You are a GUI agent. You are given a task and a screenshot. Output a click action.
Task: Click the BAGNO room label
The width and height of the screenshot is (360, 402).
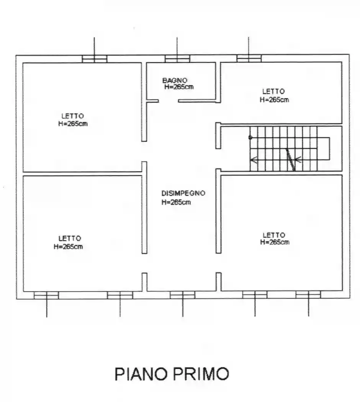(175, 80)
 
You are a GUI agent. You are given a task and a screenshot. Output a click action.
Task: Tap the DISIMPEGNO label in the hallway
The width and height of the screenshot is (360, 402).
(183, 193)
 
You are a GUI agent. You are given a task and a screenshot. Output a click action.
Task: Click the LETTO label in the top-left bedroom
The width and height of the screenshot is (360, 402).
(72, 116)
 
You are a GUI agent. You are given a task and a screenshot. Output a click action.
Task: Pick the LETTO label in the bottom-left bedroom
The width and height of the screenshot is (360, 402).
(70, 238)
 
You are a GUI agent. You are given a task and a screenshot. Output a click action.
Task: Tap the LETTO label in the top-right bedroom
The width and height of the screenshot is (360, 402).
(273, 92)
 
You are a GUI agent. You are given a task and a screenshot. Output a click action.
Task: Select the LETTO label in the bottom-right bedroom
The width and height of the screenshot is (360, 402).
(274, 235)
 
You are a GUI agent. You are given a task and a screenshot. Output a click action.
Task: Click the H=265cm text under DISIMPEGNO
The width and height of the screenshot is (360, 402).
(176, 202)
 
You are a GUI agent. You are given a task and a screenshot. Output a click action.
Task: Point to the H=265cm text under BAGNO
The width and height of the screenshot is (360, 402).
(179, 87)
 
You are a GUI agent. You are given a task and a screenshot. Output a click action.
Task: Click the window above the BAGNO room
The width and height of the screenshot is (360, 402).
(177, 59)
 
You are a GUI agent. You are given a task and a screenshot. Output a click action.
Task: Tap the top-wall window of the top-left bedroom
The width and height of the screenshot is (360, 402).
(95, 59)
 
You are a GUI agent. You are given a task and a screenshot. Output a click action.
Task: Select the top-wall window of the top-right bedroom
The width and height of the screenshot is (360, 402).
(249, 58)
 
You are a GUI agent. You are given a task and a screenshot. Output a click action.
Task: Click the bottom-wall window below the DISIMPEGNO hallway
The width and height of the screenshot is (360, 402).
(182, 295)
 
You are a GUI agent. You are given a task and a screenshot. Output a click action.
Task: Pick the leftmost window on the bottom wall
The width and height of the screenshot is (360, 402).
(46, 295)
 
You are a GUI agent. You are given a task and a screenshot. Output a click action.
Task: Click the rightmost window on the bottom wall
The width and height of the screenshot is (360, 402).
(308, 295)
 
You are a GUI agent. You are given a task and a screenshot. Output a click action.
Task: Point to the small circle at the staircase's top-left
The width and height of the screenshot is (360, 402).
(250, 137)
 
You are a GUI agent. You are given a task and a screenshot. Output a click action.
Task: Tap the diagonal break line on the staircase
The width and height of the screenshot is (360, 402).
(291, 159)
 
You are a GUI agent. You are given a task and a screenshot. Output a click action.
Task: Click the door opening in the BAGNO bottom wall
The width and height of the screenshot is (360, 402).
(169, 101)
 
